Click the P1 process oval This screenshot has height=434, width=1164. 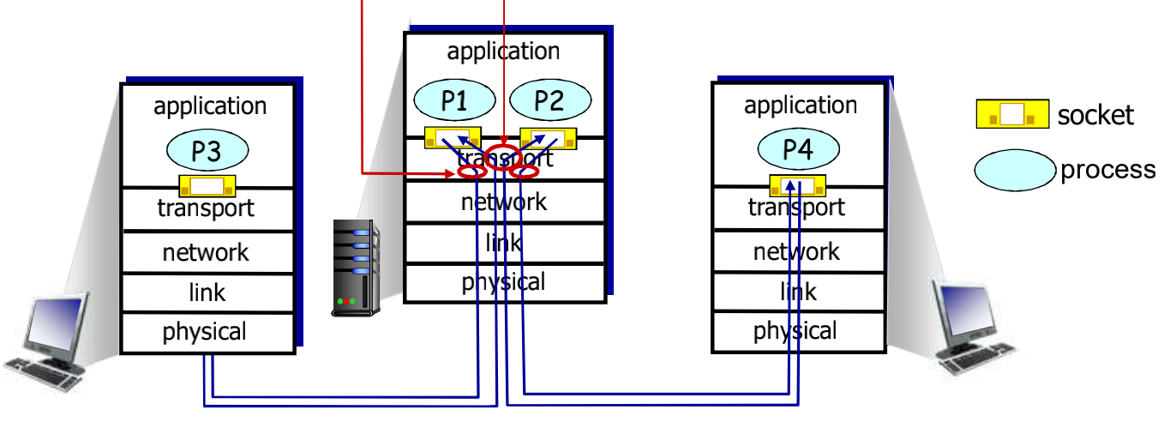[454, 101]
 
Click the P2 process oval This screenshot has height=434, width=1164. [549, 101]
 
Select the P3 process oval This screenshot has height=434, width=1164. [207, 152]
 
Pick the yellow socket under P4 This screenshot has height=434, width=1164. [797, 184]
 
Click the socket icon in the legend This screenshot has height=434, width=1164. [1012, 114]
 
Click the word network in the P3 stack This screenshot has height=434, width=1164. [206, 252]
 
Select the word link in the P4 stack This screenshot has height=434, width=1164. [798, 292]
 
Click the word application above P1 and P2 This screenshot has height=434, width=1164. [503, 51]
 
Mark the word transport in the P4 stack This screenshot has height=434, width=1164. [796, 208]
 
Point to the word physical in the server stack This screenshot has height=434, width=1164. [503, 282]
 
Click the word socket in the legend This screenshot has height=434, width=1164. [1096, 115]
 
